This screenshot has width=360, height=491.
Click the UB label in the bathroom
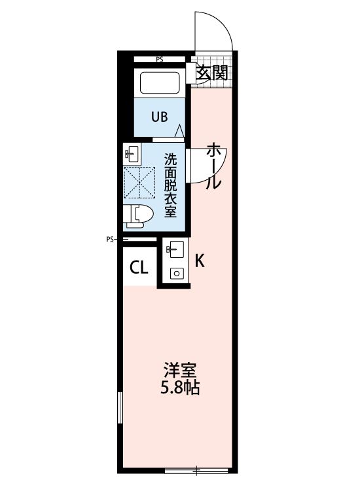[x=160, y=117]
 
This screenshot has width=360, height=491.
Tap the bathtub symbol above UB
[x=160, y=82]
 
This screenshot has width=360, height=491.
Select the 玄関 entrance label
[x=212, y=73]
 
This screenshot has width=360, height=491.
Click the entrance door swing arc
[x=216, y=29]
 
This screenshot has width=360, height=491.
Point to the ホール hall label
[x=213, y=166]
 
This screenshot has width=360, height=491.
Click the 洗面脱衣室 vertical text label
[x=170, y=185]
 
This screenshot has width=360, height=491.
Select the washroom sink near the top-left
[x=132, y=155]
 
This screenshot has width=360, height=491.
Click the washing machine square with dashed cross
[x=140, y=183]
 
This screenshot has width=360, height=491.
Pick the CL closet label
[x=138, y=267]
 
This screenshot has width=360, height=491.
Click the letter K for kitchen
[x=200, y=261]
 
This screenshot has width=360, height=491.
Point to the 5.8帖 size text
[x=179, y=388]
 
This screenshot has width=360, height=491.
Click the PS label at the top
[x=160, y=60]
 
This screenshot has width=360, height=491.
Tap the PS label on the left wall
[x=110, y=240]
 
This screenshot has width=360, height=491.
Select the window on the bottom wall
[x=196, y=469]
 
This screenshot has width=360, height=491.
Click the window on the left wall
[x=120, y=409]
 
